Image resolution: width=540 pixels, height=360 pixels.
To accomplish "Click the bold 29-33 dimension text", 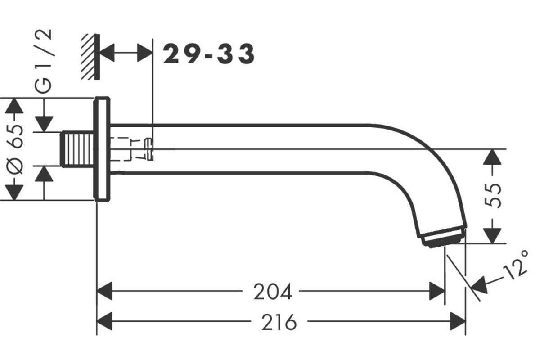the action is tap(209, 54).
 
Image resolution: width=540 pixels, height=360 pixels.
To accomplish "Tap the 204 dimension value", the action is tap(273, 292).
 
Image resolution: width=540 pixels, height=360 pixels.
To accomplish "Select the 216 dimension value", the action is tap(279, 322).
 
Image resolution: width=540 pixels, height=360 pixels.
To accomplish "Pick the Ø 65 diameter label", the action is tap(15, 149).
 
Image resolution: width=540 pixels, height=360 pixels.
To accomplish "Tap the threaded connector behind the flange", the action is tap(77, 149).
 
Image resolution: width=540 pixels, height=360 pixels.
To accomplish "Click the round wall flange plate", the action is tap(102, 149).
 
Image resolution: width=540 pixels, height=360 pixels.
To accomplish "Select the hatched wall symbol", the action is tap(90, 57).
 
